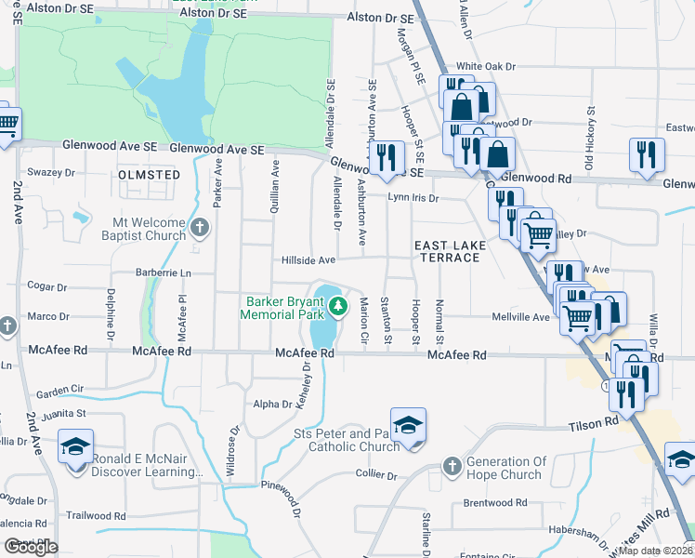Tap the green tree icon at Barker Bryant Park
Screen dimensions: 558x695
[x=339, y=305]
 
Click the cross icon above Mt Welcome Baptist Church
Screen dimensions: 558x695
[x=198, y=227]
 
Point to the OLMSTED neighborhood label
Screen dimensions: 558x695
[x=150, y=175]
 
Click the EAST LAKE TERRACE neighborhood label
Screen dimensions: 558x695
[x=447, y=250]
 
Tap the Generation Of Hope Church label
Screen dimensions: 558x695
[x=505, y=468]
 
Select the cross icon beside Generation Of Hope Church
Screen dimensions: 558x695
[x=452, y=466]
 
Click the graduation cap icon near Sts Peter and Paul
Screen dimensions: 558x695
[x=407, y=425]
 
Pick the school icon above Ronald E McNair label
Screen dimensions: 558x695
[x=75, y=447]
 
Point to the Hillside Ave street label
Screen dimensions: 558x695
[x=308, y=260]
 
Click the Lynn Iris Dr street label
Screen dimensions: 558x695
[x=413, y=198]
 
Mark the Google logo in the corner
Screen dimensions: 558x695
[x=32, y=547]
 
